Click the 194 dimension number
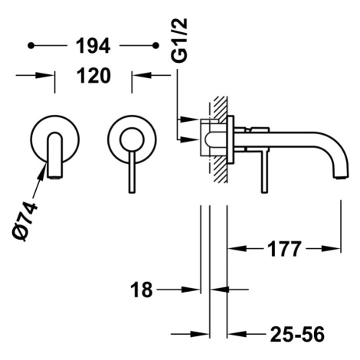click(93, 46)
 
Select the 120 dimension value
click(93, 76)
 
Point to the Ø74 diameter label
click(25, 221)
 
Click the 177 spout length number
click(284, 248)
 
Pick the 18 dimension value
click(142, 290)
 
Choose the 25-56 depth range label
click(297, 334)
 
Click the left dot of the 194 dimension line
click(31, 46)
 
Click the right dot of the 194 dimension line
click(155, 46)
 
